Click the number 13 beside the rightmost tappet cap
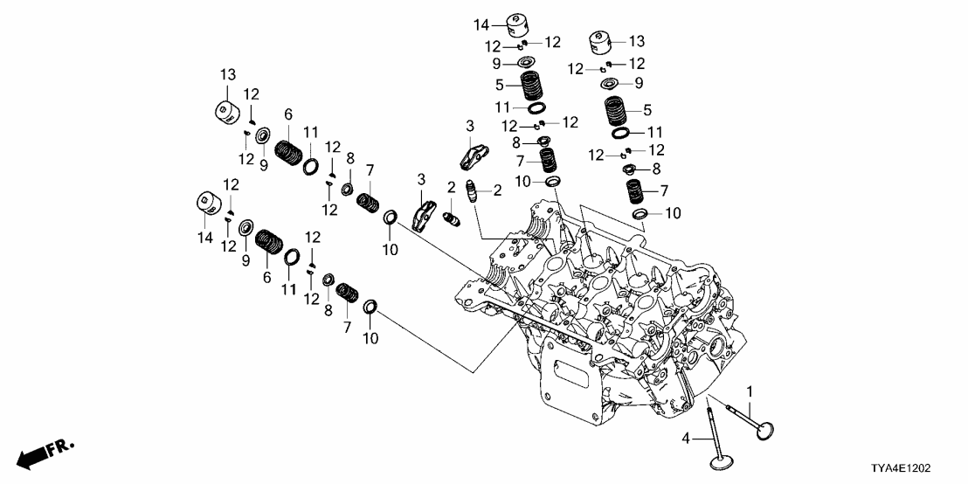[x=636, y=41]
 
